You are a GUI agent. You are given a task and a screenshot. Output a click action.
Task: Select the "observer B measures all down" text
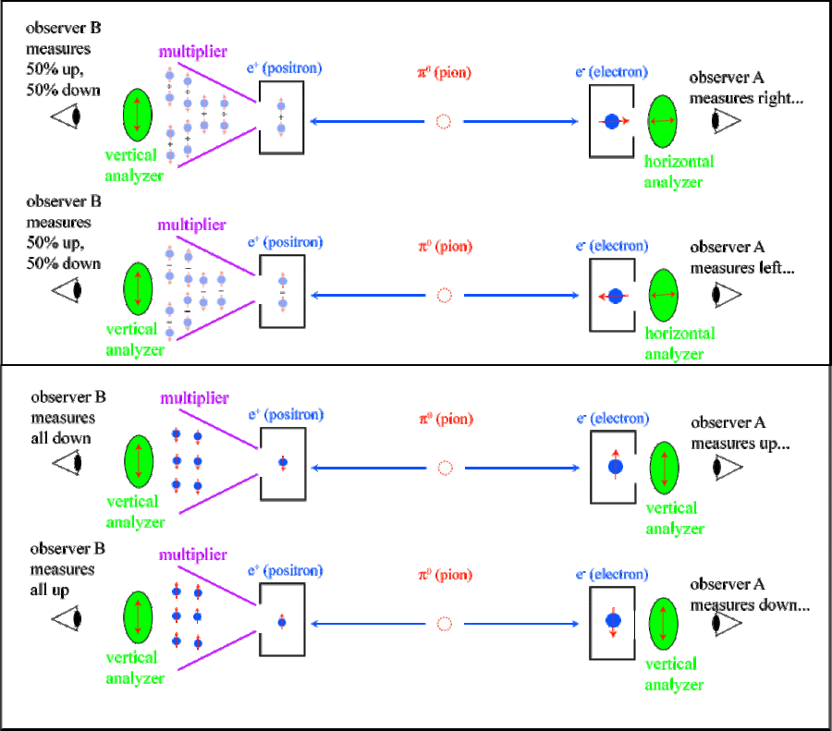(67, 418)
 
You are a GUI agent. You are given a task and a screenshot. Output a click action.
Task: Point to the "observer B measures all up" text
(66, 568)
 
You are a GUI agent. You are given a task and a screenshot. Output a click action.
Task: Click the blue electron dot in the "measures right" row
(611, 121)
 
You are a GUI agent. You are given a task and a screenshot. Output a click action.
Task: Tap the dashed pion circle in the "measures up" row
(445, 468)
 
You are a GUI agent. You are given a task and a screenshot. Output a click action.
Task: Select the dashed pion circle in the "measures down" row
(445, 624)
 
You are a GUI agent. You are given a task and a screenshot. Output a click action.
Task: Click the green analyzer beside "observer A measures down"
(665, 624)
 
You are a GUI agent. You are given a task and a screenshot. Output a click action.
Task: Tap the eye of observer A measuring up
(727, 468)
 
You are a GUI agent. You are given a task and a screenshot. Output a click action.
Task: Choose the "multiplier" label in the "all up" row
(193, 554)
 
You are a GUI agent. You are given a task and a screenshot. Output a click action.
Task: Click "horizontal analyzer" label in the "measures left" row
(679, 344)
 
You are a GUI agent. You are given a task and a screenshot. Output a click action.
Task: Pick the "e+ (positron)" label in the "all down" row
(286, 416)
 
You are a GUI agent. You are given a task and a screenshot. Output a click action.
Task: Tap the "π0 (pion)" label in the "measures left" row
(445, 247)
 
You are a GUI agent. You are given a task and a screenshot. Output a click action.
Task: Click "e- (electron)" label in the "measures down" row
(613, 576)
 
